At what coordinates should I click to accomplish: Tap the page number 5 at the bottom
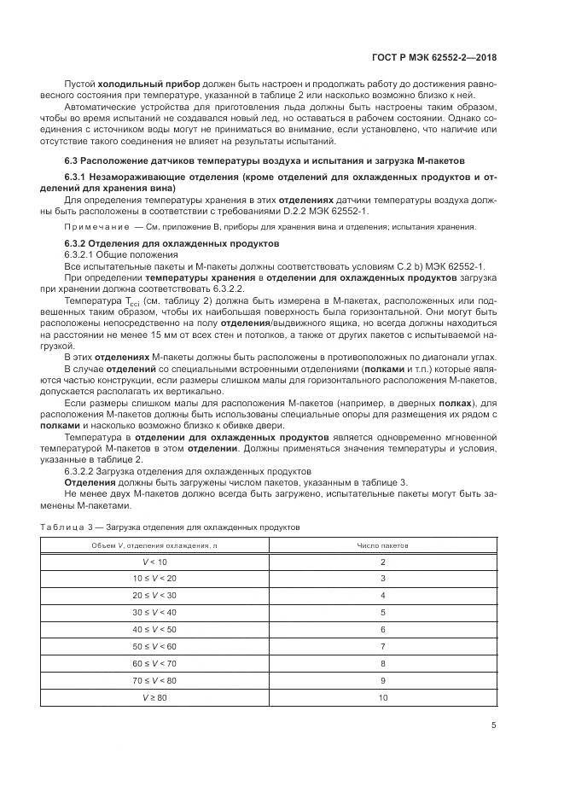(x=495, y=725)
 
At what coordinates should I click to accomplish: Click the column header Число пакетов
(x=382, y=545)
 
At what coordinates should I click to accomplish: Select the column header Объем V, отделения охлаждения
(x=155, y=545)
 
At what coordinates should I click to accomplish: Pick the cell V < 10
(x=155, y=562)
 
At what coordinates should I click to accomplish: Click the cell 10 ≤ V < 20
(x=155, y=579)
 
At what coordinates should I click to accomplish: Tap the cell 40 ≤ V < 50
(x=155, y=629)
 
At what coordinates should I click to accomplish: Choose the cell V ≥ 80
(x=155, y=697)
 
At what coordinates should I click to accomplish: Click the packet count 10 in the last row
(x=382, y=697)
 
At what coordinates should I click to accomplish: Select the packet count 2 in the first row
(x=382, y=562)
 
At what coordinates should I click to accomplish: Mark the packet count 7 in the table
(x=382, y=646)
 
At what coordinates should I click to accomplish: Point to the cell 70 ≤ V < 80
(x=155, y=680)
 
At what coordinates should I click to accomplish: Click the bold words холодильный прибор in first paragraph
(x=149, y=84)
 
